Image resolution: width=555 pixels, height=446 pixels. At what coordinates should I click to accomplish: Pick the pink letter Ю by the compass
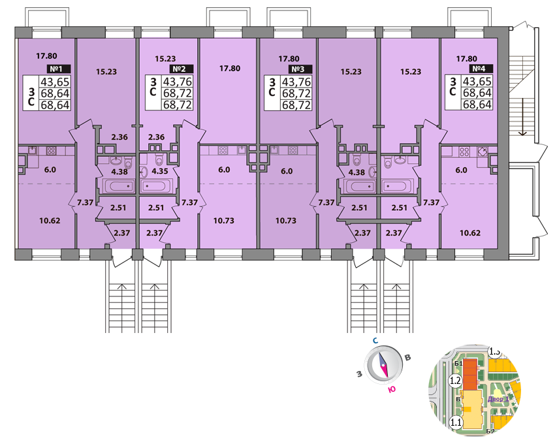(x=391, y=390)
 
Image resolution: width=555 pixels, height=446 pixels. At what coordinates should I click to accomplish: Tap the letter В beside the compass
(x=407, y=357)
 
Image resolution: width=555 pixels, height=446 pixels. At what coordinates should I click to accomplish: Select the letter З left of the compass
(x=359, y=374)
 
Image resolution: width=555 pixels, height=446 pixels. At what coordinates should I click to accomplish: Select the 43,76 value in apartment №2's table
(x=178, y=82)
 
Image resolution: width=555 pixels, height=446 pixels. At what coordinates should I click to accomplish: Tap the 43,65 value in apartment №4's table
(x=477, y=82)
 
